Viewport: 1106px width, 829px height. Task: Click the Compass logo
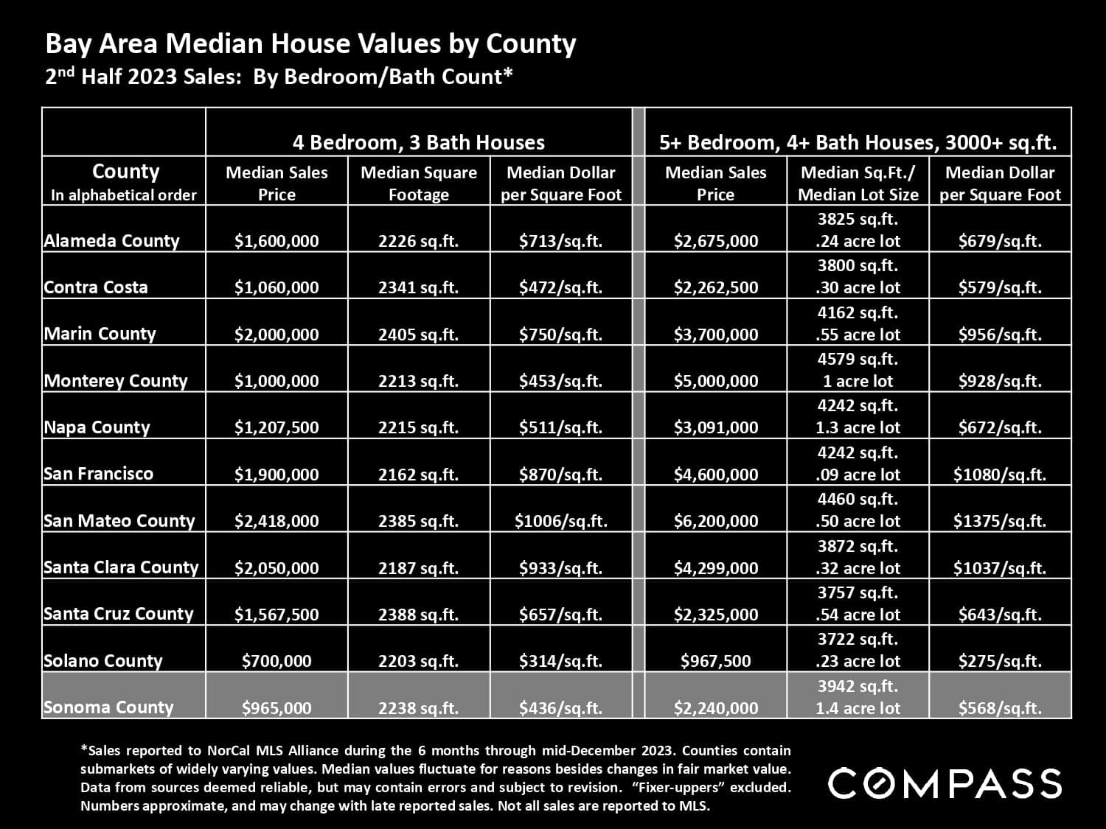pyautogui.click(x=945, y=783)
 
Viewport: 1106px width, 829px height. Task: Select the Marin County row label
pyautogui.click(x=100, y=334)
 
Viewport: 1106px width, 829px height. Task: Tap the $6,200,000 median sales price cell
pyautogui.click(x=715, y=521)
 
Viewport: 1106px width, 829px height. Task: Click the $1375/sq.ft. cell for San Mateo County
pyautogui.click(x=999, y=521)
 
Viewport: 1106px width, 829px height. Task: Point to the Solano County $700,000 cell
pyautogui.click(x=276, y=661)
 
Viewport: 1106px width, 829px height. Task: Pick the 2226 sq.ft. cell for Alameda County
pyautogui.click(x=418, y=241)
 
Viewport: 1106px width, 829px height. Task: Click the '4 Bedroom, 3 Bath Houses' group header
pyautogui.click(x=418, y=142)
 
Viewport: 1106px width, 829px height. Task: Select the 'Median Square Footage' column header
pyautogui.click(x=418, y=183)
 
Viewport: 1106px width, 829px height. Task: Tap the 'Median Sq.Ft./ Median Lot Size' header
pyautogui.click(x=858, y=183)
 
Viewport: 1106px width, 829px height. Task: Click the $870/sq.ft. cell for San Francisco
pyautogui.click(x=560, y=475)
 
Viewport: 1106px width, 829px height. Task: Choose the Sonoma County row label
pyautogui.click(x=109, y=707)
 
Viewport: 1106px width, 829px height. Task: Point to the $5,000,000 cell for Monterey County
pyautogui.click(x=715, y=381)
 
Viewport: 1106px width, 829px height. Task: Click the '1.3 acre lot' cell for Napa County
pyautogui.click(x=858, y=427)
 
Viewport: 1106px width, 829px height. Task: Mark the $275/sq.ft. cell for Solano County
pyautogui.click(x=999, y=661)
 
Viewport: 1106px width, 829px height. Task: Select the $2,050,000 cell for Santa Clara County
pyautogui.click(x=276, y=567)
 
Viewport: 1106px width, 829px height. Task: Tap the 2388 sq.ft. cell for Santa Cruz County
pyautogui.click(x=418, y=615)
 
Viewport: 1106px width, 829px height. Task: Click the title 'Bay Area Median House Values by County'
pyautogui.click(x=310, y=44)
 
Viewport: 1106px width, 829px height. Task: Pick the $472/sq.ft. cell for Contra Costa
pyautogui.click(x=560, y=287)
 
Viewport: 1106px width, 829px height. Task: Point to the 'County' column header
pyautogui.click(x=125, y=172)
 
